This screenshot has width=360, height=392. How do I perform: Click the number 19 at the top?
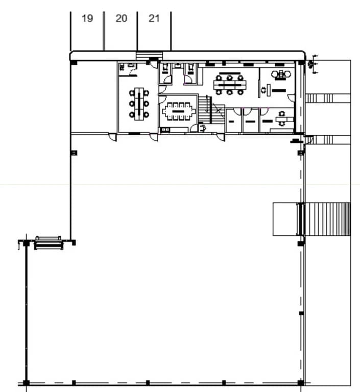[87, 18]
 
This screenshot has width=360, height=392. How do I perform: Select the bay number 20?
[121, 18]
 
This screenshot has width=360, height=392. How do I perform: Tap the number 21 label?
[154, 18]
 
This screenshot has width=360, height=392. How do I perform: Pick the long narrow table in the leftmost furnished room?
[139, 102]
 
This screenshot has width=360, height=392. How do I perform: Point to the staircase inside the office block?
[204, 109]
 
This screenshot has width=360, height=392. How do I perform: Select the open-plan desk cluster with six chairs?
[229, 84]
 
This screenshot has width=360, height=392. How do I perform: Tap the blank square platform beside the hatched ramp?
[284, 219]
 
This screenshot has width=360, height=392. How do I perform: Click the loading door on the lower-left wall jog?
[49, 242]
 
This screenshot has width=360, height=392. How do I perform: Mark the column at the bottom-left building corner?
[26, 382]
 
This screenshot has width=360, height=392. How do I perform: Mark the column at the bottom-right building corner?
[301, 382]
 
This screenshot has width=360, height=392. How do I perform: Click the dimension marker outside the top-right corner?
[312, 64]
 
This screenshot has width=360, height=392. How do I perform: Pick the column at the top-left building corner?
[74, 62]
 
